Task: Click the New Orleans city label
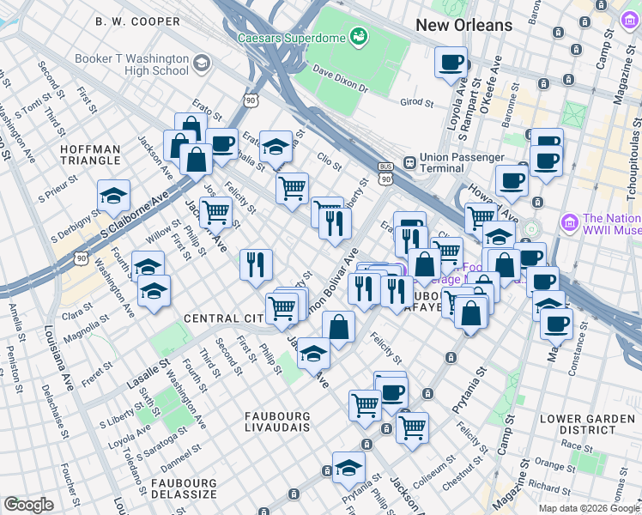pyautogui.click(x=463, y=25)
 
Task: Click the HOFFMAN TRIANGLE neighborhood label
pyautogui.click(x=102, y=154)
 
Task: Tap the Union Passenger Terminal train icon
pyautogui.click(x=410, y=161)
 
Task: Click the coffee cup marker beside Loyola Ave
pyautogui.click(x=451, y=62)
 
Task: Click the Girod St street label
pyautogui.click(x=418, y=101)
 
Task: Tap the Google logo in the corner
pyautogui.click(x=28, y=505)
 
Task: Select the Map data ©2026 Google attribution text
pyautogui.click(x=589, y=508)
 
